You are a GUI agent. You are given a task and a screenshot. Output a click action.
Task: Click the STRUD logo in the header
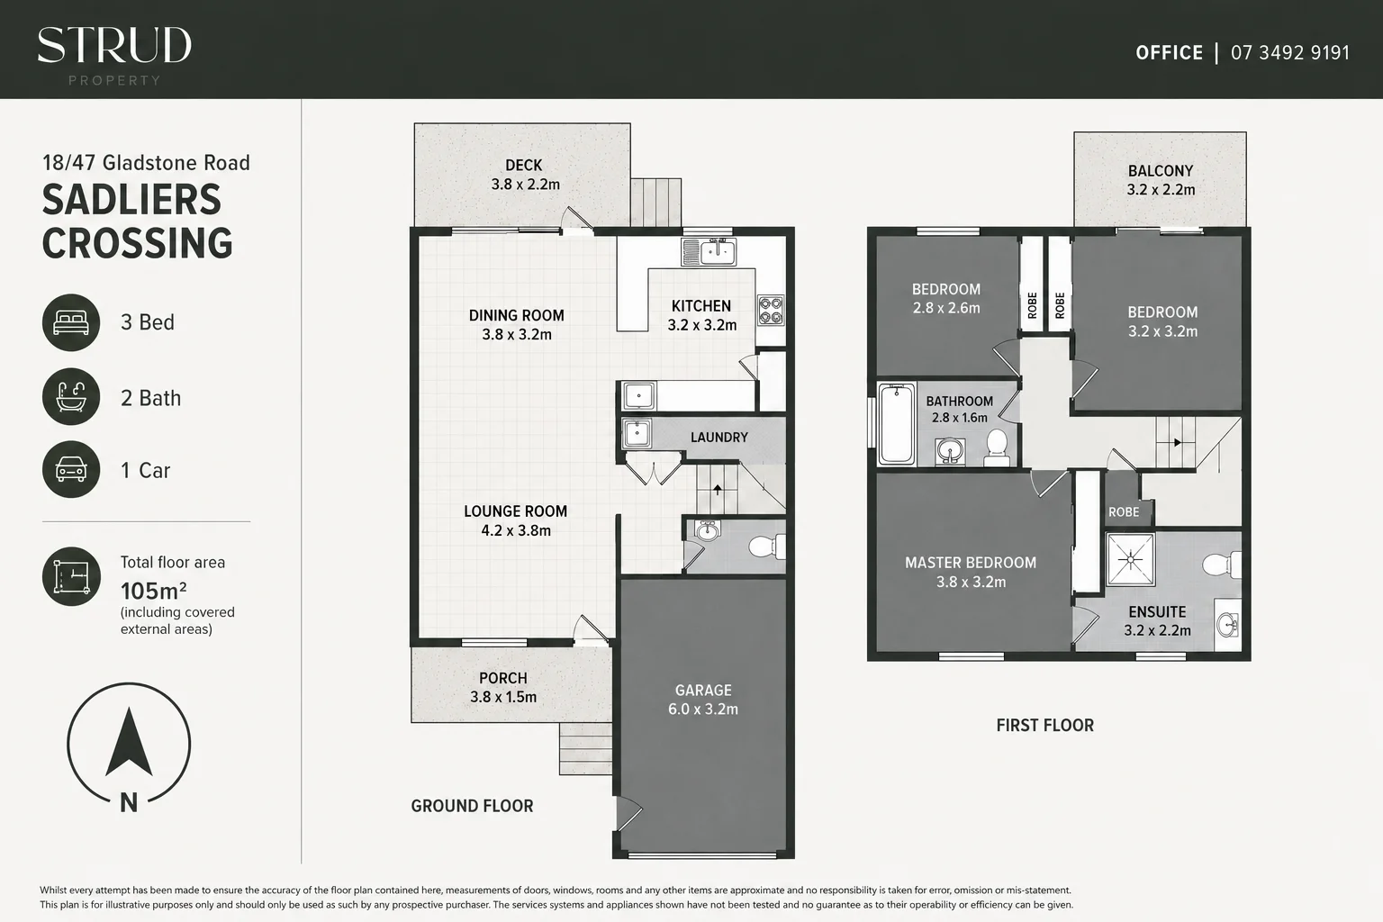point(114,55)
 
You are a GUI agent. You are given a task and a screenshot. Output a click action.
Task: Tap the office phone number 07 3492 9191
point(1290,53)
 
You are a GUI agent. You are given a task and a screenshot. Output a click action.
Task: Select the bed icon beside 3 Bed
point(71,322)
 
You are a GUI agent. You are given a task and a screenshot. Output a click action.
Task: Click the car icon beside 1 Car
point(71,469)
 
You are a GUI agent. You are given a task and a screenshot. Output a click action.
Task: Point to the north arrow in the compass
point(129,741)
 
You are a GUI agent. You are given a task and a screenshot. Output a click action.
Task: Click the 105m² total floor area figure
point(154,591)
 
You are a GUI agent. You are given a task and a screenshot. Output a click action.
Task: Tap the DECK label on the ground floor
point(523,166)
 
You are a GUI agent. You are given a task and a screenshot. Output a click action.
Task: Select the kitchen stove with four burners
point(771,310)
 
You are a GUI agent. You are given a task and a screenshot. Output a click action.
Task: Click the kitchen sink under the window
point(709,252)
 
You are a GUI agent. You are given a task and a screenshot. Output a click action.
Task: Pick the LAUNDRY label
point(719,438)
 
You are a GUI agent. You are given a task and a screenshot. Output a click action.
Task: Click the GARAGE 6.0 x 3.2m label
point(703,699)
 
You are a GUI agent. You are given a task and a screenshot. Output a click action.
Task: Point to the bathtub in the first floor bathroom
point(897,424)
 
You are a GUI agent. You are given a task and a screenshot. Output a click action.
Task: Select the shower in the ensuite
point(1131,559)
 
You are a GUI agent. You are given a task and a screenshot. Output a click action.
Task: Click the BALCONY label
point(1161,171)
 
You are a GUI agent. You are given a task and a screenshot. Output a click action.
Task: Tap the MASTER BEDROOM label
point(971,563)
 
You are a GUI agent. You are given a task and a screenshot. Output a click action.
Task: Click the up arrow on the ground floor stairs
point(718,490)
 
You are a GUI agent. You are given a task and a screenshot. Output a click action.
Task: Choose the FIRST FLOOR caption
point(1045,725)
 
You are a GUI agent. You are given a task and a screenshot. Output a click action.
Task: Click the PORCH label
point(503,678)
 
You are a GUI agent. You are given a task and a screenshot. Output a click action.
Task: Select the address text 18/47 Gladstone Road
point(147,163)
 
